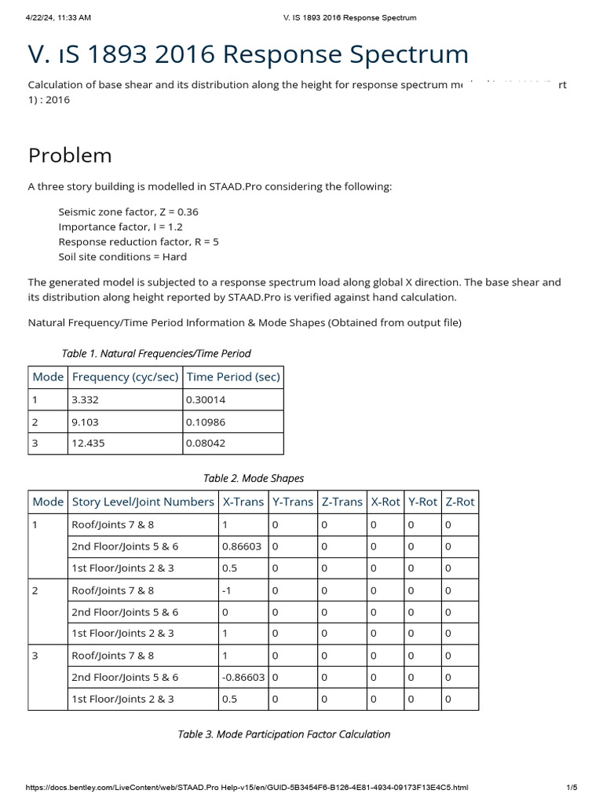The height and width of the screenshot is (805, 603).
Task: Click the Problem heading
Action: coord(70,155)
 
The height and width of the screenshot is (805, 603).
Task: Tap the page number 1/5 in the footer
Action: coord(572,788)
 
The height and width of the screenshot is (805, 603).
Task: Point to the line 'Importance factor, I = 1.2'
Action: coord(120,227)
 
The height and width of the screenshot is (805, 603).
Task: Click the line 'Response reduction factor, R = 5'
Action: coord(138,242)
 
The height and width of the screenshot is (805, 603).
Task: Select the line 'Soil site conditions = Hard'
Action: coord(122,257)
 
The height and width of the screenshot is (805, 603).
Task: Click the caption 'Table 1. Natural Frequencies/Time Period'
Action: coord(156,354)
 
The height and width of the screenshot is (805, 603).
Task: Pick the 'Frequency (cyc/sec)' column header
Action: coord(125,377)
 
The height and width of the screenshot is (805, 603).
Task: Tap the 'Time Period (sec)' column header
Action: coord(233,377)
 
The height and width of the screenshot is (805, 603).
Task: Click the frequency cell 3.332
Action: coord(85,399)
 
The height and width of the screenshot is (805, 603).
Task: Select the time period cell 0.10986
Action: coord(206,421)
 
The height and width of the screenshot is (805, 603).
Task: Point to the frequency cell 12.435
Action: coord(88,443)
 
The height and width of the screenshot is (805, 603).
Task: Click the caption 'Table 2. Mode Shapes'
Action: coord(254,478)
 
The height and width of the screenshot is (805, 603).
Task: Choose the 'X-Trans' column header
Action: coord(243,502)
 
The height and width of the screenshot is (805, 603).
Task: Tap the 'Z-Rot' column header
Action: coord(459,502)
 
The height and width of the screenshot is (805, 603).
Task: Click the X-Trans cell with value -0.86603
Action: coord(243,677)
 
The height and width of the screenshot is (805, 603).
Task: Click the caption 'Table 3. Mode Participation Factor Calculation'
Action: coord(284,734)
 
